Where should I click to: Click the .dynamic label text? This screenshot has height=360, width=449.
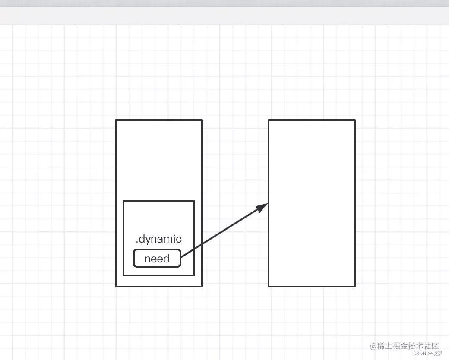click(x=158, y=239)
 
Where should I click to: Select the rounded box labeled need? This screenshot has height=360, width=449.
click(x=157, y=259)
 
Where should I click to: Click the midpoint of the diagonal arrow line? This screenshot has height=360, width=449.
click(x=224, y=231)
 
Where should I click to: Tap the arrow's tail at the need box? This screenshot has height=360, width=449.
click(x=182, y=257)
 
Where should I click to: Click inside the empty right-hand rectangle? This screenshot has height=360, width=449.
click(x=311, y=203)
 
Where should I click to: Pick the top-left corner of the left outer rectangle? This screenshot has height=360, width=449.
click(x=116, y=120)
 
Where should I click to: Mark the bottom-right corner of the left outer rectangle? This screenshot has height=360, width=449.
click(x=202, y=286)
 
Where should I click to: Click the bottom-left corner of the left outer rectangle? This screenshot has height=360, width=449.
click(x=116, y=286)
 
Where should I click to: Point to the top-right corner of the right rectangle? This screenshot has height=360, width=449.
click(x=355, y=120)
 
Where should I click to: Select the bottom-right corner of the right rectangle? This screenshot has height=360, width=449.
click(x=355, y=286)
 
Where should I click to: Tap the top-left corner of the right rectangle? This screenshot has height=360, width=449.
click(x=269, y=120)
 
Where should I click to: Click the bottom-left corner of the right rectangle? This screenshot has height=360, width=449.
click(x=269, y=286)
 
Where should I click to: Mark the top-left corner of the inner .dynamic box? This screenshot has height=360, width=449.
click(x=123, y=201)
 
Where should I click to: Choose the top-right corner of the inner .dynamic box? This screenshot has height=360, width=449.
click(x=194, y=201)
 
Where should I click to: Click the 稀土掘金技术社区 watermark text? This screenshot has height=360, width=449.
click(x=408, y=346)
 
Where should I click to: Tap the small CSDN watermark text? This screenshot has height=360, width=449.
click(x=420, y=353)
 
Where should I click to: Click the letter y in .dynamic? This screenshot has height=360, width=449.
click(x=148, y=240)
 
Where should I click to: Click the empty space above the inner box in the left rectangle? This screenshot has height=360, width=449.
click(x=158, y=160)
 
